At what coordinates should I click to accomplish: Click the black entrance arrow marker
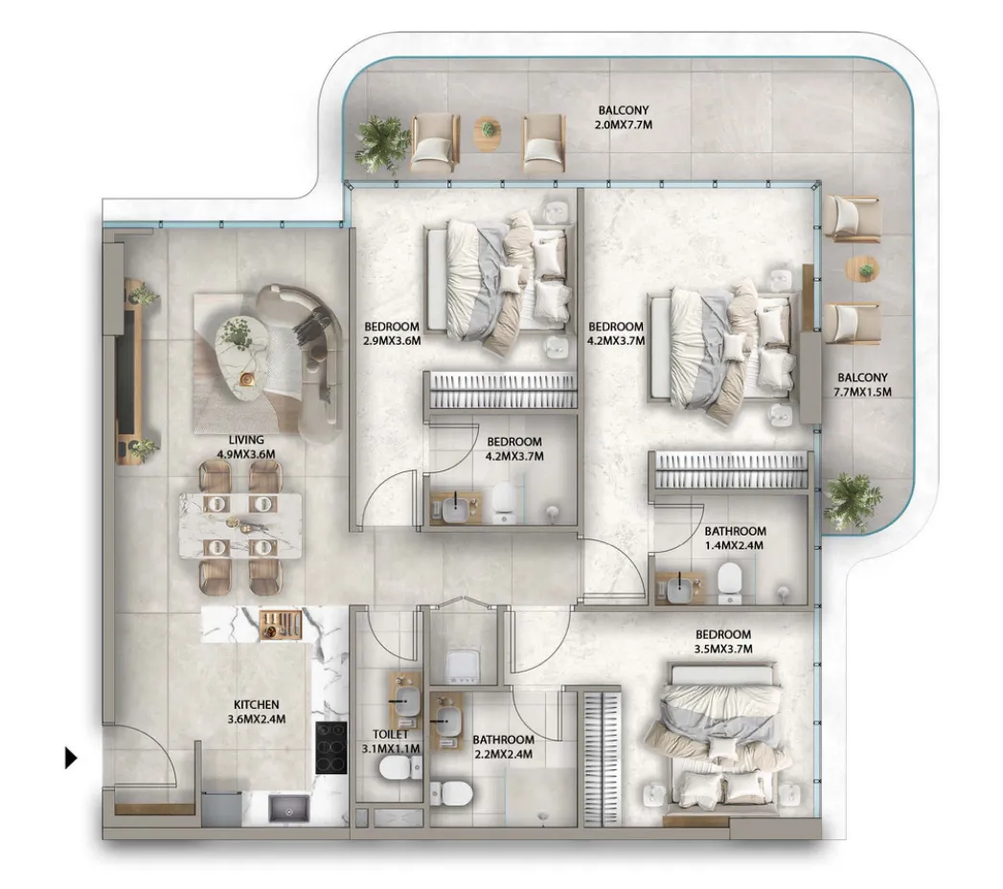coord(71,759)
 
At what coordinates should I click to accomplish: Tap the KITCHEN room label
coord(256,705)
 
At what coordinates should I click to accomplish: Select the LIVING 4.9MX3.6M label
coord(246,447)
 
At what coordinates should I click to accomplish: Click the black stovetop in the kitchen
coord(331,748)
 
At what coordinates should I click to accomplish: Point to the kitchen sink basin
coord(287,809)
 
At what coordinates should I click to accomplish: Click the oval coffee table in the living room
coord(243,359)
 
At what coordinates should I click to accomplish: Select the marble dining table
coord(239,525)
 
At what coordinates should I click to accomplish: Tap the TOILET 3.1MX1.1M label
coord(390,741)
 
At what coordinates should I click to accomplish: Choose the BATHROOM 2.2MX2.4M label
coord(503,746)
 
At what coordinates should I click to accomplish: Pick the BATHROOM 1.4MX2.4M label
coord(735,537)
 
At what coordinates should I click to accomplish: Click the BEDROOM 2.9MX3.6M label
coord(392,334)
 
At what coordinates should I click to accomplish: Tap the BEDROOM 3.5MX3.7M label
coord(723,642)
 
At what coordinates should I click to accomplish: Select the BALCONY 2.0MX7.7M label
coord(624,118)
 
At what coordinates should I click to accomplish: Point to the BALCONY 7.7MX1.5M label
coord(862,385)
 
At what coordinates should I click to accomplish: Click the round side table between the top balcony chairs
coord(488,134)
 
